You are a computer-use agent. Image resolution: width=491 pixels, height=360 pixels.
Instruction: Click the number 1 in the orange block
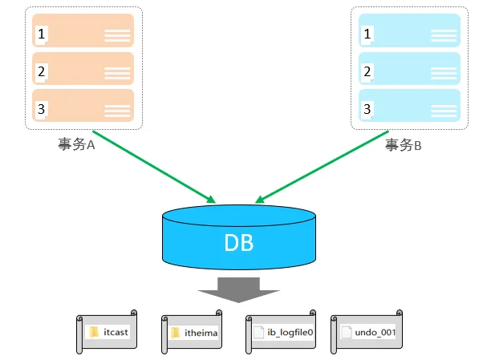(41, 34)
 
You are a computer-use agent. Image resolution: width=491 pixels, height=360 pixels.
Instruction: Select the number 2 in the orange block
(41, 71)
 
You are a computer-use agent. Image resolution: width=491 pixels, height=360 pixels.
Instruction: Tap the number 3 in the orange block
(41, 109)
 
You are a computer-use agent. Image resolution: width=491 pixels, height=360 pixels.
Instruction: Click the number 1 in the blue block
(367, 34)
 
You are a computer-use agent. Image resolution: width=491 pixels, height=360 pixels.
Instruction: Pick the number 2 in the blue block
(367, 71)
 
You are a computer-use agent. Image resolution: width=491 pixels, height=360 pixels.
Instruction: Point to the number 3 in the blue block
(367, 109)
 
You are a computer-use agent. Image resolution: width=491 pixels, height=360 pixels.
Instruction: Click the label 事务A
(76, 144)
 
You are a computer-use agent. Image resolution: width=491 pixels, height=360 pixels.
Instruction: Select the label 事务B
(404, 145)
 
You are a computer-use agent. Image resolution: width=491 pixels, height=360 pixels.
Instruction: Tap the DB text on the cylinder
(239, 243)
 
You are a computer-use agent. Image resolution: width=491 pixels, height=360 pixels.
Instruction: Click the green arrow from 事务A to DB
(154, 167)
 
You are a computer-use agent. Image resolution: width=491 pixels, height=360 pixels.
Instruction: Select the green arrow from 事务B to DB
(322, 167)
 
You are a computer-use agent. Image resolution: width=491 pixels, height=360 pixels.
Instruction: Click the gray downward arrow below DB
(238, 290)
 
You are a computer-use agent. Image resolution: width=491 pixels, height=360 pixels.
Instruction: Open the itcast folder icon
(94, 332)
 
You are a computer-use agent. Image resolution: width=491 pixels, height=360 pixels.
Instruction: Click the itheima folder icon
(176, 333)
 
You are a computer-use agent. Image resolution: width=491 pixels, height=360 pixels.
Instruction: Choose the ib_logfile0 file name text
(290, 332)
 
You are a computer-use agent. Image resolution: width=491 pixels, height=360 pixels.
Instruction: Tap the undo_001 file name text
(375, 332)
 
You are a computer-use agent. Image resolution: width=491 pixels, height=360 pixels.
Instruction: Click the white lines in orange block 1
(117, 35)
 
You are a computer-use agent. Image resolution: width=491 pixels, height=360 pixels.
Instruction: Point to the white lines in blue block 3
(444, 111)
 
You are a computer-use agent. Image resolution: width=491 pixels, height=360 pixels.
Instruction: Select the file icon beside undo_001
(347, 332)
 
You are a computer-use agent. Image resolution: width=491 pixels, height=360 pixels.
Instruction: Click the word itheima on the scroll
(201, 333)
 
